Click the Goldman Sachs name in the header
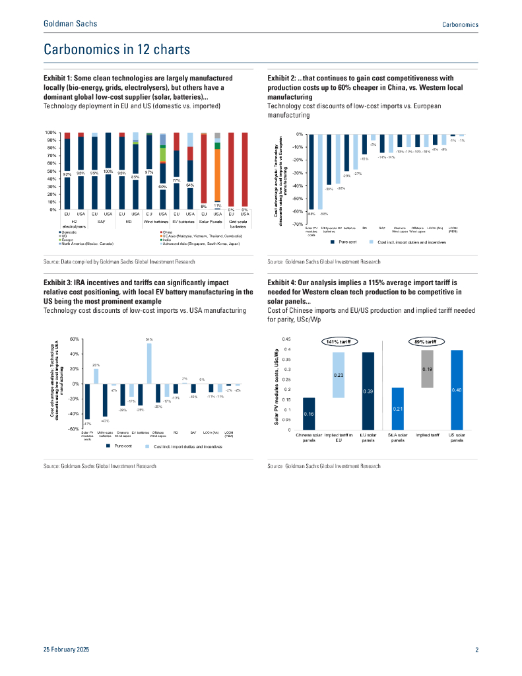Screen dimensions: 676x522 (70, 24)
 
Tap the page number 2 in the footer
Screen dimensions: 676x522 (476, 650)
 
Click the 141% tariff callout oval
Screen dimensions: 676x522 (338, 341)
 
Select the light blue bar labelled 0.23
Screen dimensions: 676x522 (339, 375)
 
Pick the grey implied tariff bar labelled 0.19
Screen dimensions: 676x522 (427, 369)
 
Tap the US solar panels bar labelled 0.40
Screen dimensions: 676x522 (457, 389)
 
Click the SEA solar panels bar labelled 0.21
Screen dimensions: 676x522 (397, 409)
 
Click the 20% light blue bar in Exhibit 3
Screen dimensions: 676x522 (96, 376)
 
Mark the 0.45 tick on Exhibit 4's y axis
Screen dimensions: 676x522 (285, 339)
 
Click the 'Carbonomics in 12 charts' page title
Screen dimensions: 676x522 (117, 50)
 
